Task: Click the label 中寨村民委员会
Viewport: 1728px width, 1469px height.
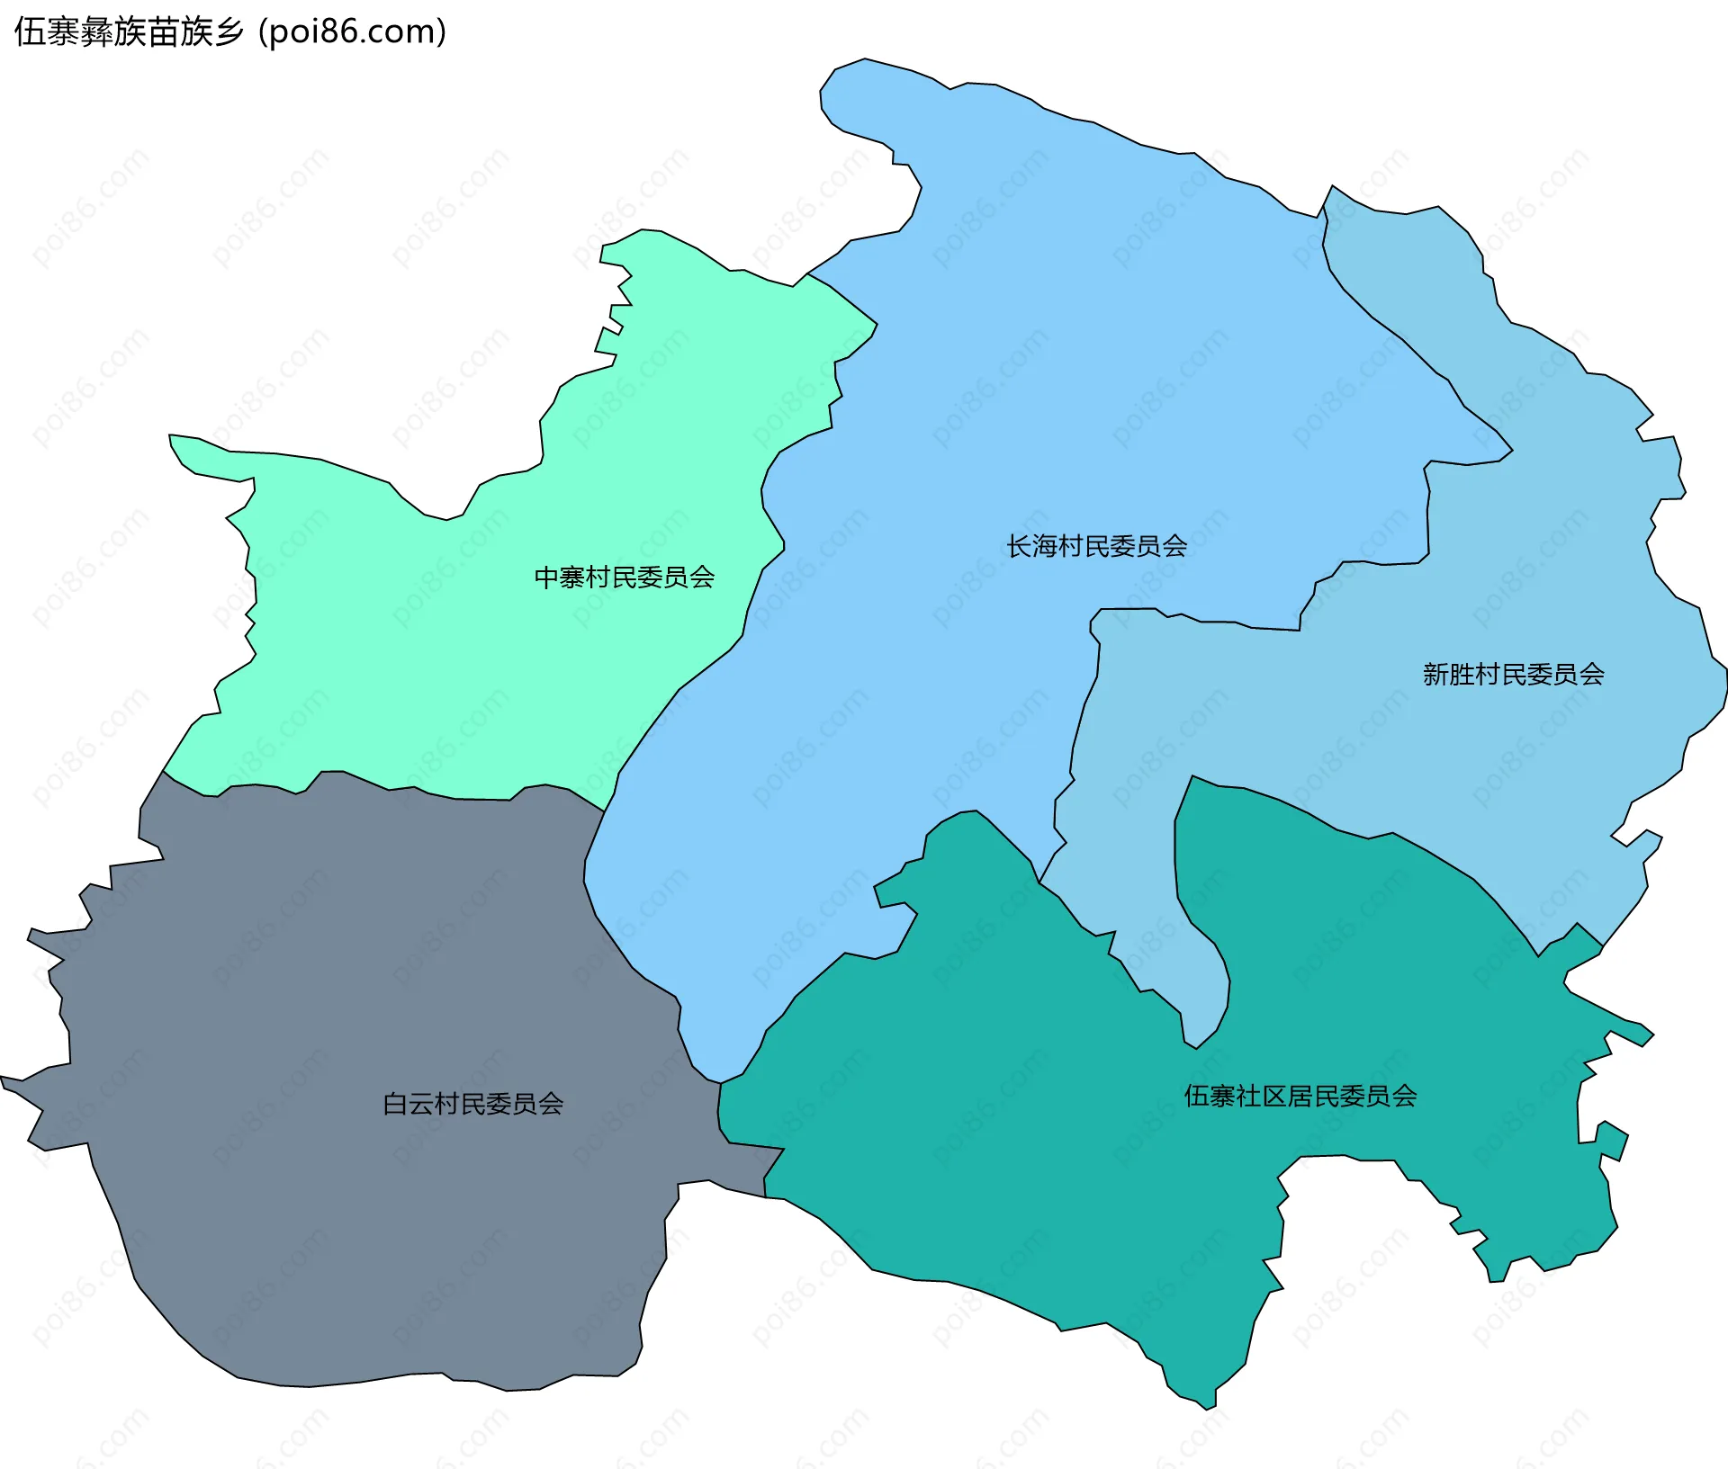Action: (x=624, y=577)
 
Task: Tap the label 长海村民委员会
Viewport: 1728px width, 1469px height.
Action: (x=1096, y=546)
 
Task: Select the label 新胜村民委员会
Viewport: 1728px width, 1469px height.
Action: (x=1513, y=674)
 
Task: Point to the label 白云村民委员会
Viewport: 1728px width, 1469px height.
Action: (x=472, y=1104)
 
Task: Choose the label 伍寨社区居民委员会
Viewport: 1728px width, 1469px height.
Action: (x=1300, y=1096)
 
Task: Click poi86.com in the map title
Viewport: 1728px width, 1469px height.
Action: (x=352, y=31)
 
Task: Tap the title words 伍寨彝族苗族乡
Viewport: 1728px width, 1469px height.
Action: (x=129, y=32)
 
